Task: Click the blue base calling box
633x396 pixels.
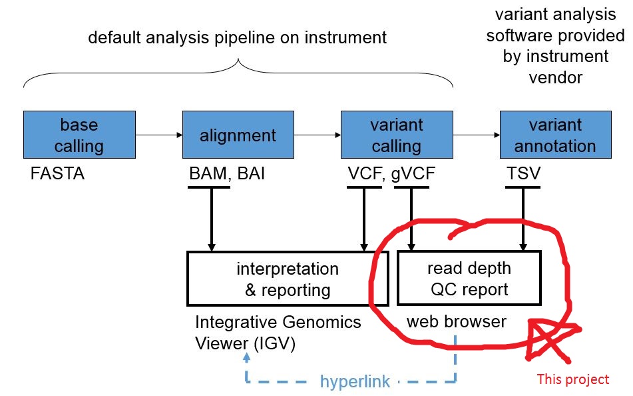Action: tap(79, 135)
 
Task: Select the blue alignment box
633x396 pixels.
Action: tap(238, 135)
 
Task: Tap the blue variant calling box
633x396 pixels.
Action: tap(396, 135)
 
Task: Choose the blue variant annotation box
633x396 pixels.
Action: tap(555, 135)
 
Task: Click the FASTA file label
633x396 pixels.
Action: tap(59, 175)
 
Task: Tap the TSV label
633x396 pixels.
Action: tap(523, 175)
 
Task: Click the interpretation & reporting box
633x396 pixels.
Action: tap(287, 279)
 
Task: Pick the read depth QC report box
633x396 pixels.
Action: tap(469, 279)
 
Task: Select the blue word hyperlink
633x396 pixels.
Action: tap(354, 382)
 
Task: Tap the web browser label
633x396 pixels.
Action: tap(457, 322)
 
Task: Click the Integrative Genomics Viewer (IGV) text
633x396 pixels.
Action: tap(278, 333)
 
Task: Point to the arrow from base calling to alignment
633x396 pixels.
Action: tap(158, 135)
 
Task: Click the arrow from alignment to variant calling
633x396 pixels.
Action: tap(317, 135)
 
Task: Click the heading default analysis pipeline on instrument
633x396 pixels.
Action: tap(237, 37)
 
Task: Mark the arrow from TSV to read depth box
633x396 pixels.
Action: tap(523, 220)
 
